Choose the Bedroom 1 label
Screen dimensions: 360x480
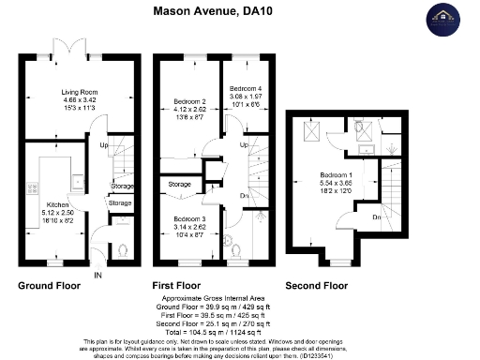click(334, 175)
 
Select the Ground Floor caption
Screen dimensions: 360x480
click(48, 286)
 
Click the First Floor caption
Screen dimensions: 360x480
click(178, 286)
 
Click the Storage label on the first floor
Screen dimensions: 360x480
click(180, 185)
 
